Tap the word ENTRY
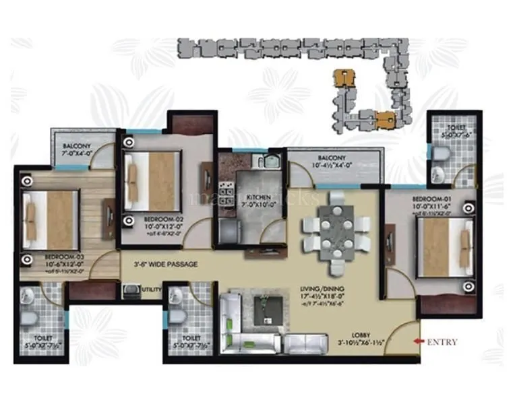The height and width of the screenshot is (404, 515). point(442,342)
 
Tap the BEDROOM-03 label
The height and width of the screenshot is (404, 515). point(64,258)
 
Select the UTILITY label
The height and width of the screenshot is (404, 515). point(152,290)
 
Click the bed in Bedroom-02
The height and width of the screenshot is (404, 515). point(153,180)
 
